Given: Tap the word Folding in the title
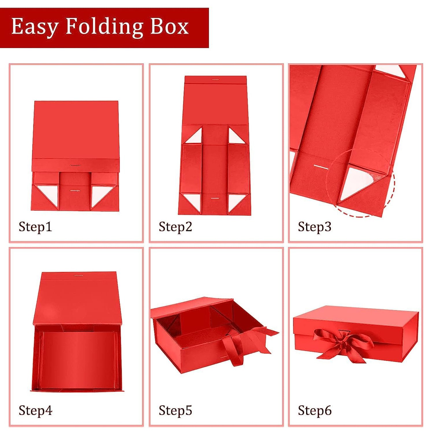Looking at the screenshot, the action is pyautogui.click(x=104, y=27).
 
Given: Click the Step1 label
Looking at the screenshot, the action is pyautogui.click(x=35, y=227).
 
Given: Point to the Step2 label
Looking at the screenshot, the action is pyautogui.click(x=175, y=227).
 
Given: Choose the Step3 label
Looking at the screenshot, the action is pyautogui.click(x=315, y=227).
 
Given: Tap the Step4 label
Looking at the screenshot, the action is pyautogui.click(x=35, y=411).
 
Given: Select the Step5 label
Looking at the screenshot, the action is pyautogui.click(x=175, y=411).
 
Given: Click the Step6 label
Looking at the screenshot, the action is pyautogui.click(x=315, y=411).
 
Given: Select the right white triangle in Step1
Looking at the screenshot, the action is pyautogui.click(x=100, y=194).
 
